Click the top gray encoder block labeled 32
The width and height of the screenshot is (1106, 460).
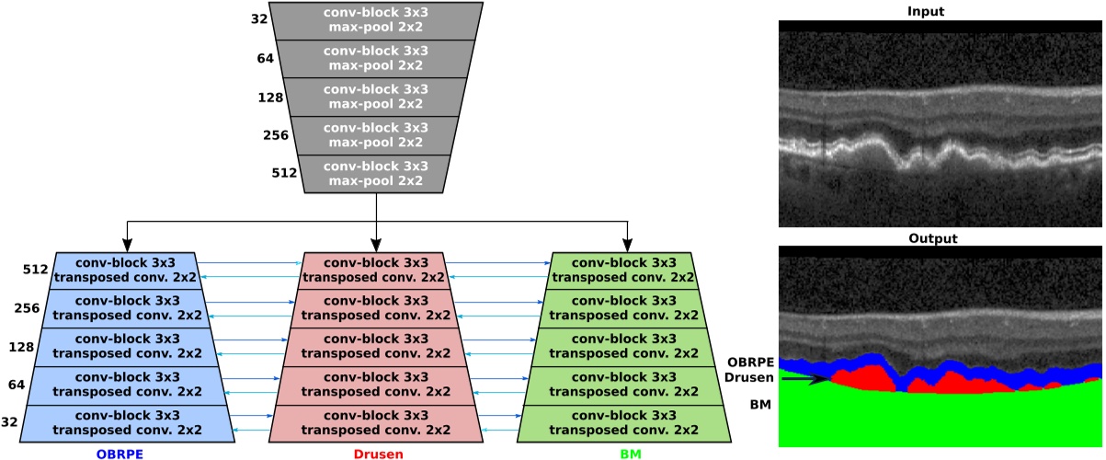376,20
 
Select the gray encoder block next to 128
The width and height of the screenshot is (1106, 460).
376,97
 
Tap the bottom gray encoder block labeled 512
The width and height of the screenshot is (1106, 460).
376,174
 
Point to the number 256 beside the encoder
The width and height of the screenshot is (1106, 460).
276,135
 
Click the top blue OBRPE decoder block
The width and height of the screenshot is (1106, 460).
127,270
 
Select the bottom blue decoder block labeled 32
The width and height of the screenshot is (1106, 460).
127,422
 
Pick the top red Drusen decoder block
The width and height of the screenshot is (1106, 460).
376,270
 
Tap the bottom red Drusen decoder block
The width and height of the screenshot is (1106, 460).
376,422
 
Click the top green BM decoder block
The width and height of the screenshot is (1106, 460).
625,270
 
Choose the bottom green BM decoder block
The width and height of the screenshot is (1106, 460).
625,422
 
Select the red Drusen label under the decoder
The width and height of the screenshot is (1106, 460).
376,451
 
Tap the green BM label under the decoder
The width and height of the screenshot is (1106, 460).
625,451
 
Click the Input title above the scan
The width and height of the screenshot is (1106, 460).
940,11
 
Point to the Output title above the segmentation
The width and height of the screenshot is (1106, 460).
940,238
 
